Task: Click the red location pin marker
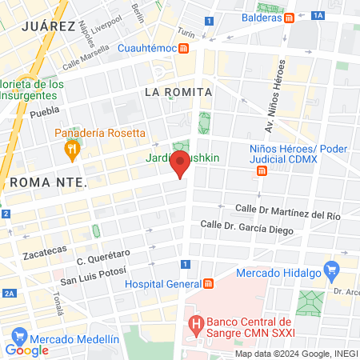click(181, 165)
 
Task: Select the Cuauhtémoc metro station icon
click(184, 48)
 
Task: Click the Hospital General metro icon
click(208, 283)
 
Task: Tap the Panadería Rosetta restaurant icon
click(72, 148)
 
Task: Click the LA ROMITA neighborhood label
click(178, 92)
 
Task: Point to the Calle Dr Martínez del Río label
click(287, 211)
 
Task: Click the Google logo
click(26, 350)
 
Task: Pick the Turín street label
click(186, 34)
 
